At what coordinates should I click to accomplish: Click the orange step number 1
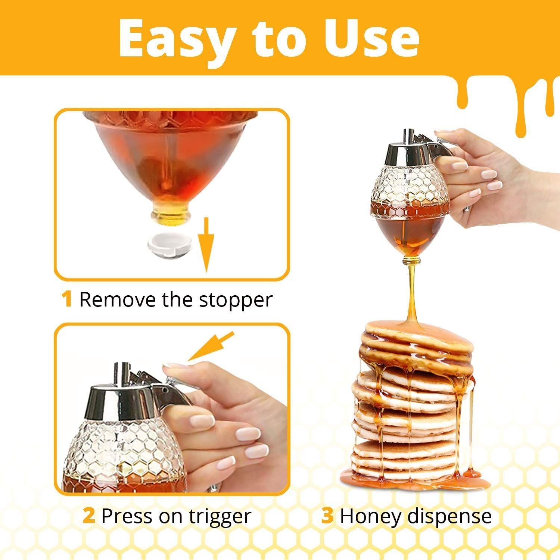click(67, 299)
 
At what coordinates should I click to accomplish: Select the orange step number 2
click(89, 516)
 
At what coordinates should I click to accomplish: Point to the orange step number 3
click(327, 516)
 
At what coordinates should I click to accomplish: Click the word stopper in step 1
click(235, 300)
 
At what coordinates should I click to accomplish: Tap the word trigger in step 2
click(220, 517)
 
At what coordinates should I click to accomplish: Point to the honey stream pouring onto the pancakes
click(412, 291)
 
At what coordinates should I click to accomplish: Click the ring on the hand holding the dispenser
click(466, 211)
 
